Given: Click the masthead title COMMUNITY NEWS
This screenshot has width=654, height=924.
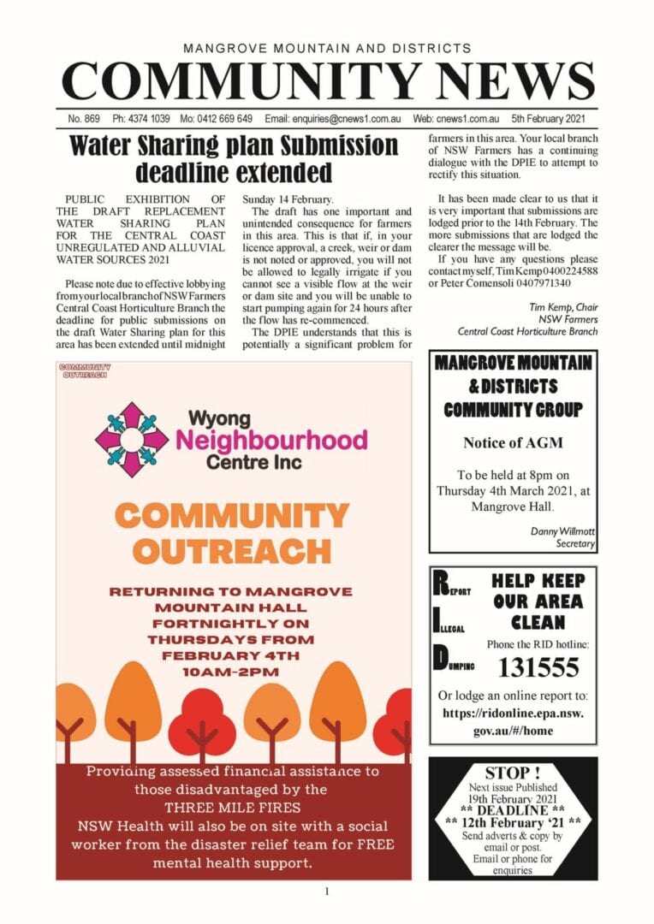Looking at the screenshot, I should (x=328, y=82).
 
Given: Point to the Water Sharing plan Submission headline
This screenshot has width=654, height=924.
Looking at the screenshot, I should (x=233, y=158).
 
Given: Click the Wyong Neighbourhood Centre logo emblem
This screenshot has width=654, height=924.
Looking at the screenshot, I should (x=131, y=439).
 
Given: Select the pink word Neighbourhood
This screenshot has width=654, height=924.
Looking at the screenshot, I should (x=271, y=440).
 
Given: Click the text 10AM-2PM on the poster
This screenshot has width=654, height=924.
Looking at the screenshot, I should (x=232, y=672).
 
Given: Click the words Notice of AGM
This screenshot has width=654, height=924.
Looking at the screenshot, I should (x=513, y=442).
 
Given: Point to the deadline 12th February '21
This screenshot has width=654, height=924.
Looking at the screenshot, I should (x=514, y=822).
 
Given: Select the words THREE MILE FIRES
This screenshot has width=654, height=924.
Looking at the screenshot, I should (x=232, y=808).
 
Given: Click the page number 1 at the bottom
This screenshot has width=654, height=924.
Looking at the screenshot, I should (x=327, y=892).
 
